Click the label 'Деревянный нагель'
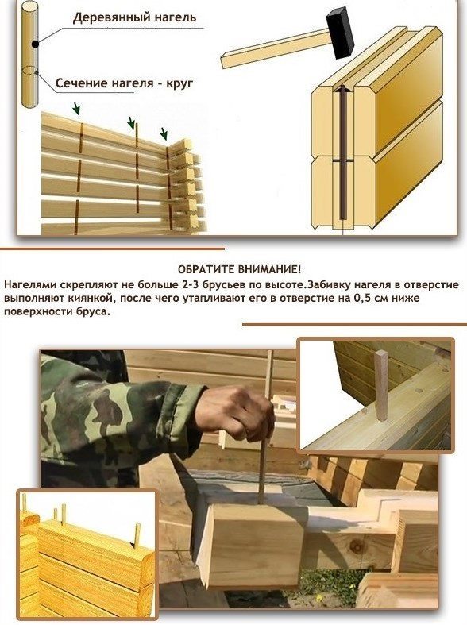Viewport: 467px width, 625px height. [x=134, y=18]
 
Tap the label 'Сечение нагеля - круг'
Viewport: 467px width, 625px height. [x=124, y=83]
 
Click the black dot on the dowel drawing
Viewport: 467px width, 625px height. [x=36, y=44]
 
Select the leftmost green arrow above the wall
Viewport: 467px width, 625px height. [x=76, y=109]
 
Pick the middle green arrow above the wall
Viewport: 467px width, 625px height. [x=131, y=123]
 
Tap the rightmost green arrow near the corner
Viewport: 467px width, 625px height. [x=164, y=133]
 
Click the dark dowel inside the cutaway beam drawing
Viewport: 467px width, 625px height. [x=342, y=153]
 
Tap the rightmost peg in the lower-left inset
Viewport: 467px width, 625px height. [x=137, y=536]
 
